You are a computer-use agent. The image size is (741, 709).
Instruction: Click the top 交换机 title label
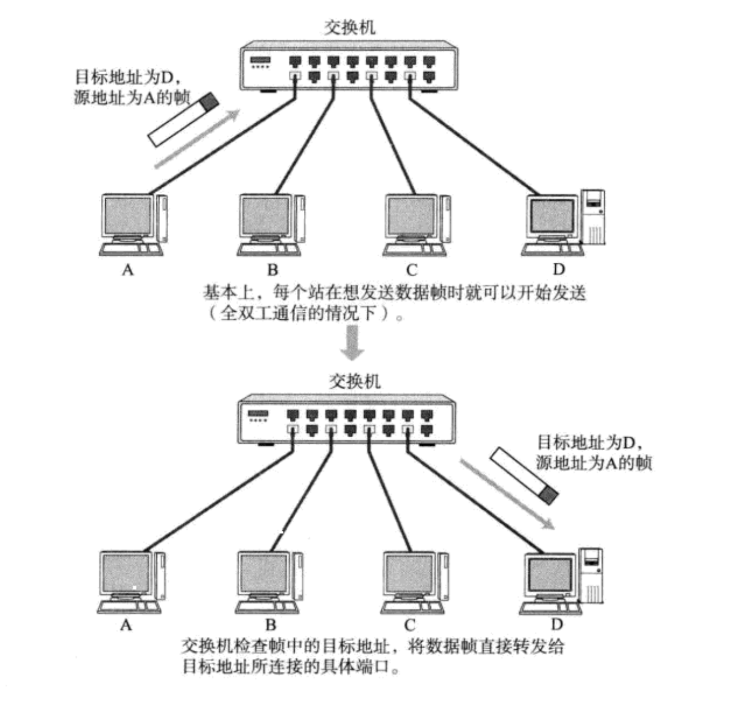tap(350, 27)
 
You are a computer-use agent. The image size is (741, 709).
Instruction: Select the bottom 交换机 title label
tap(354, 381)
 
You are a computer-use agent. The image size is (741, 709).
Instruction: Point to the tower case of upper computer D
tap(593, 216)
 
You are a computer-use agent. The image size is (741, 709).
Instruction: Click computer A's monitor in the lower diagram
tap(127, 574)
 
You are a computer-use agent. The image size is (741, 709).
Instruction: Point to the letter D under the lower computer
tap(557, 624)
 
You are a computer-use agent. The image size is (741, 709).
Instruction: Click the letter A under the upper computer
tap(127, 270)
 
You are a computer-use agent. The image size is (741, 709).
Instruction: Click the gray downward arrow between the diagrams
tap(352, 342)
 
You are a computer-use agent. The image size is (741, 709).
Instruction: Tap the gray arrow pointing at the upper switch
tap(198, 138)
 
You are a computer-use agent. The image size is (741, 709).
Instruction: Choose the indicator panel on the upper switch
tap(261, 62)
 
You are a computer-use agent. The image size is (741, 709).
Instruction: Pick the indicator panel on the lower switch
tap(258, 415)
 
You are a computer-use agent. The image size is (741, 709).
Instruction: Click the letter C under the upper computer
tap(411, 270)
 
